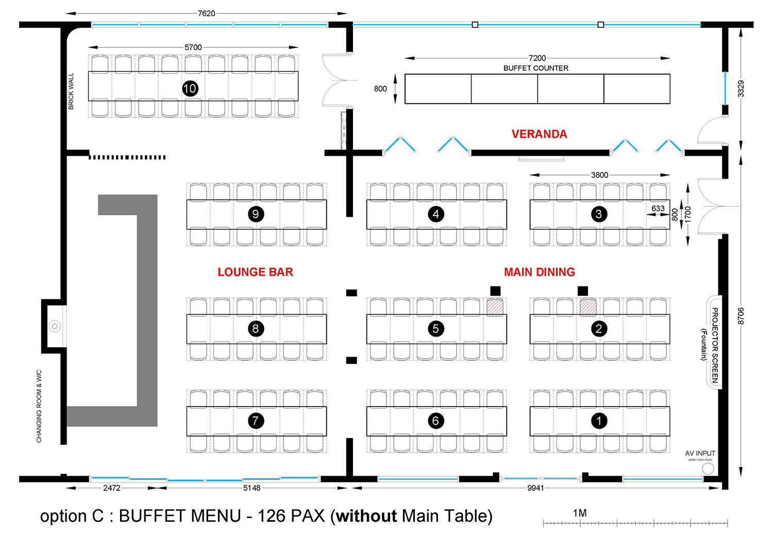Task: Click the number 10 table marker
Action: coord(190,89)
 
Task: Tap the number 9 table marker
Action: coord(256,214)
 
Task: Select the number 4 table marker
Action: coord(436,214)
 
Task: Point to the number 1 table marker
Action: coord(599,421)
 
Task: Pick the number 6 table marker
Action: coord(436,421)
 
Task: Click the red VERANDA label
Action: coord(539,134)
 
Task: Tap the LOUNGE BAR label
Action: coord(255,272)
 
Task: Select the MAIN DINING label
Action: coord(539,272)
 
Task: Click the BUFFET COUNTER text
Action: coord(536,68)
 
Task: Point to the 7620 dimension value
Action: coord(206,13)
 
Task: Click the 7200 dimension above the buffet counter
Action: coord(537,58)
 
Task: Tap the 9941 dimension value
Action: coord(535,488)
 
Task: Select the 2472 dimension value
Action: coord(112,488)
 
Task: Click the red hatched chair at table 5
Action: coord(495,308)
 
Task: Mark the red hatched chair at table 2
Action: coord(588,308)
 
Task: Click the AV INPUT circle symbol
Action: coord(708,469)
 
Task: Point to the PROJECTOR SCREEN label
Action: coord(715,345)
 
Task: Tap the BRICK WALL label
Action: coord(71,91)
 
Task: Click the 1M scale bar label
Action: coord(580,513)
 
